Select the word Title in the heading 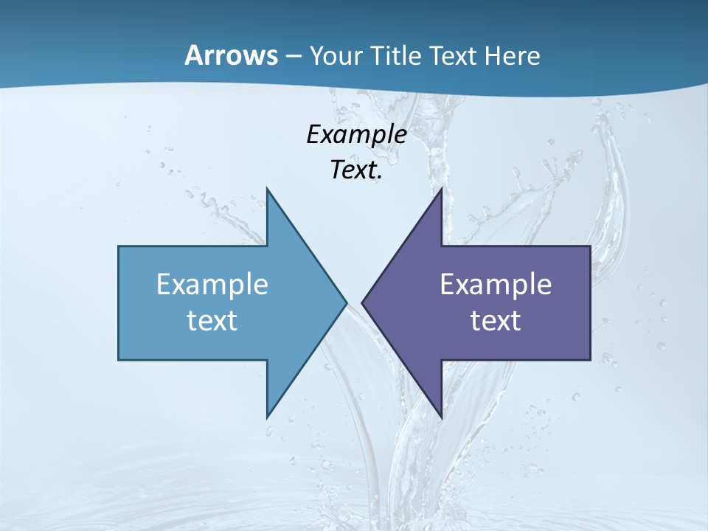point(398,56)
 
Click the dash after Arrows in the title point(292,57)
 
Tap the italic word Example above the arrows point(356,135)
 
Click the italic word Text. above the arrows point(356,170)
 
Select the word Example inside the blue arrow point(212,285)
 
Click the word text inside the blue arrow point(212,320)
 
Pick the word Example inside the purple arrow point(496,285)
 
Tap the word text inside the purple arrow point(496,320)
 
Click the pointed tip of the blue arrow point(347,302)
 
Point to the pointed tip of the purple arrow point(362,302)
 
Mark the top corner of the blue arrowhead point(267,188)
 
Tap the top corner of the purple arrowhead point(442,188)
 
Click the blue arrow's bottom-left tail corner point(119,360)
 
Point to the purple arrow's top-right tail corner point(590,246)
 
